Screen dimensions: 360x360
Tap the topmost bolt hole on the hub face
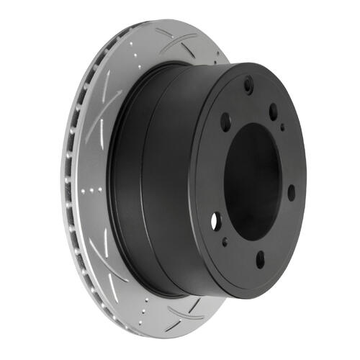pyautogui.click(x=248, y=86)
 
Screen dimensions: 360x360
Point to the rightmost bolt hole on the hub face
pyautogui.click(x=291, y=193)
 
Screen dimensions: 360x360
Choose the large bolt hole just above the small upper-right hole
pyautogui.click(x=274, y=111)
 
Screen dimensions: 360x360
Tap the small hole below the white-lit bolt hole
pyautogui.click(x=225, y=243)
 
